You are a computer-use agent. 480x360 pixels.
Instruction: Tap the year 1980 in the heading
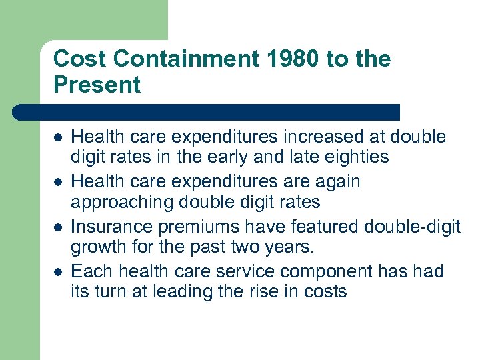click(284, 59)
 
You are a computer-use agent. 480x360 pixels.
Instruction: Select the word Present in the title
click(97, 85)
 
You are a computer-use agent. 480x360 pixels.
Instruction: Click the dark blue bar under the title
click(207, 112)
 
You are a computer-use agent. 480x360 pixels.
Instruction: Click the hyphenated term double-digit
click(412, 227)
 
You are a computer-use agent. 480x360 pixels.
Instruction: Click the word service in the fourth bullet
click(241, 271)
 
